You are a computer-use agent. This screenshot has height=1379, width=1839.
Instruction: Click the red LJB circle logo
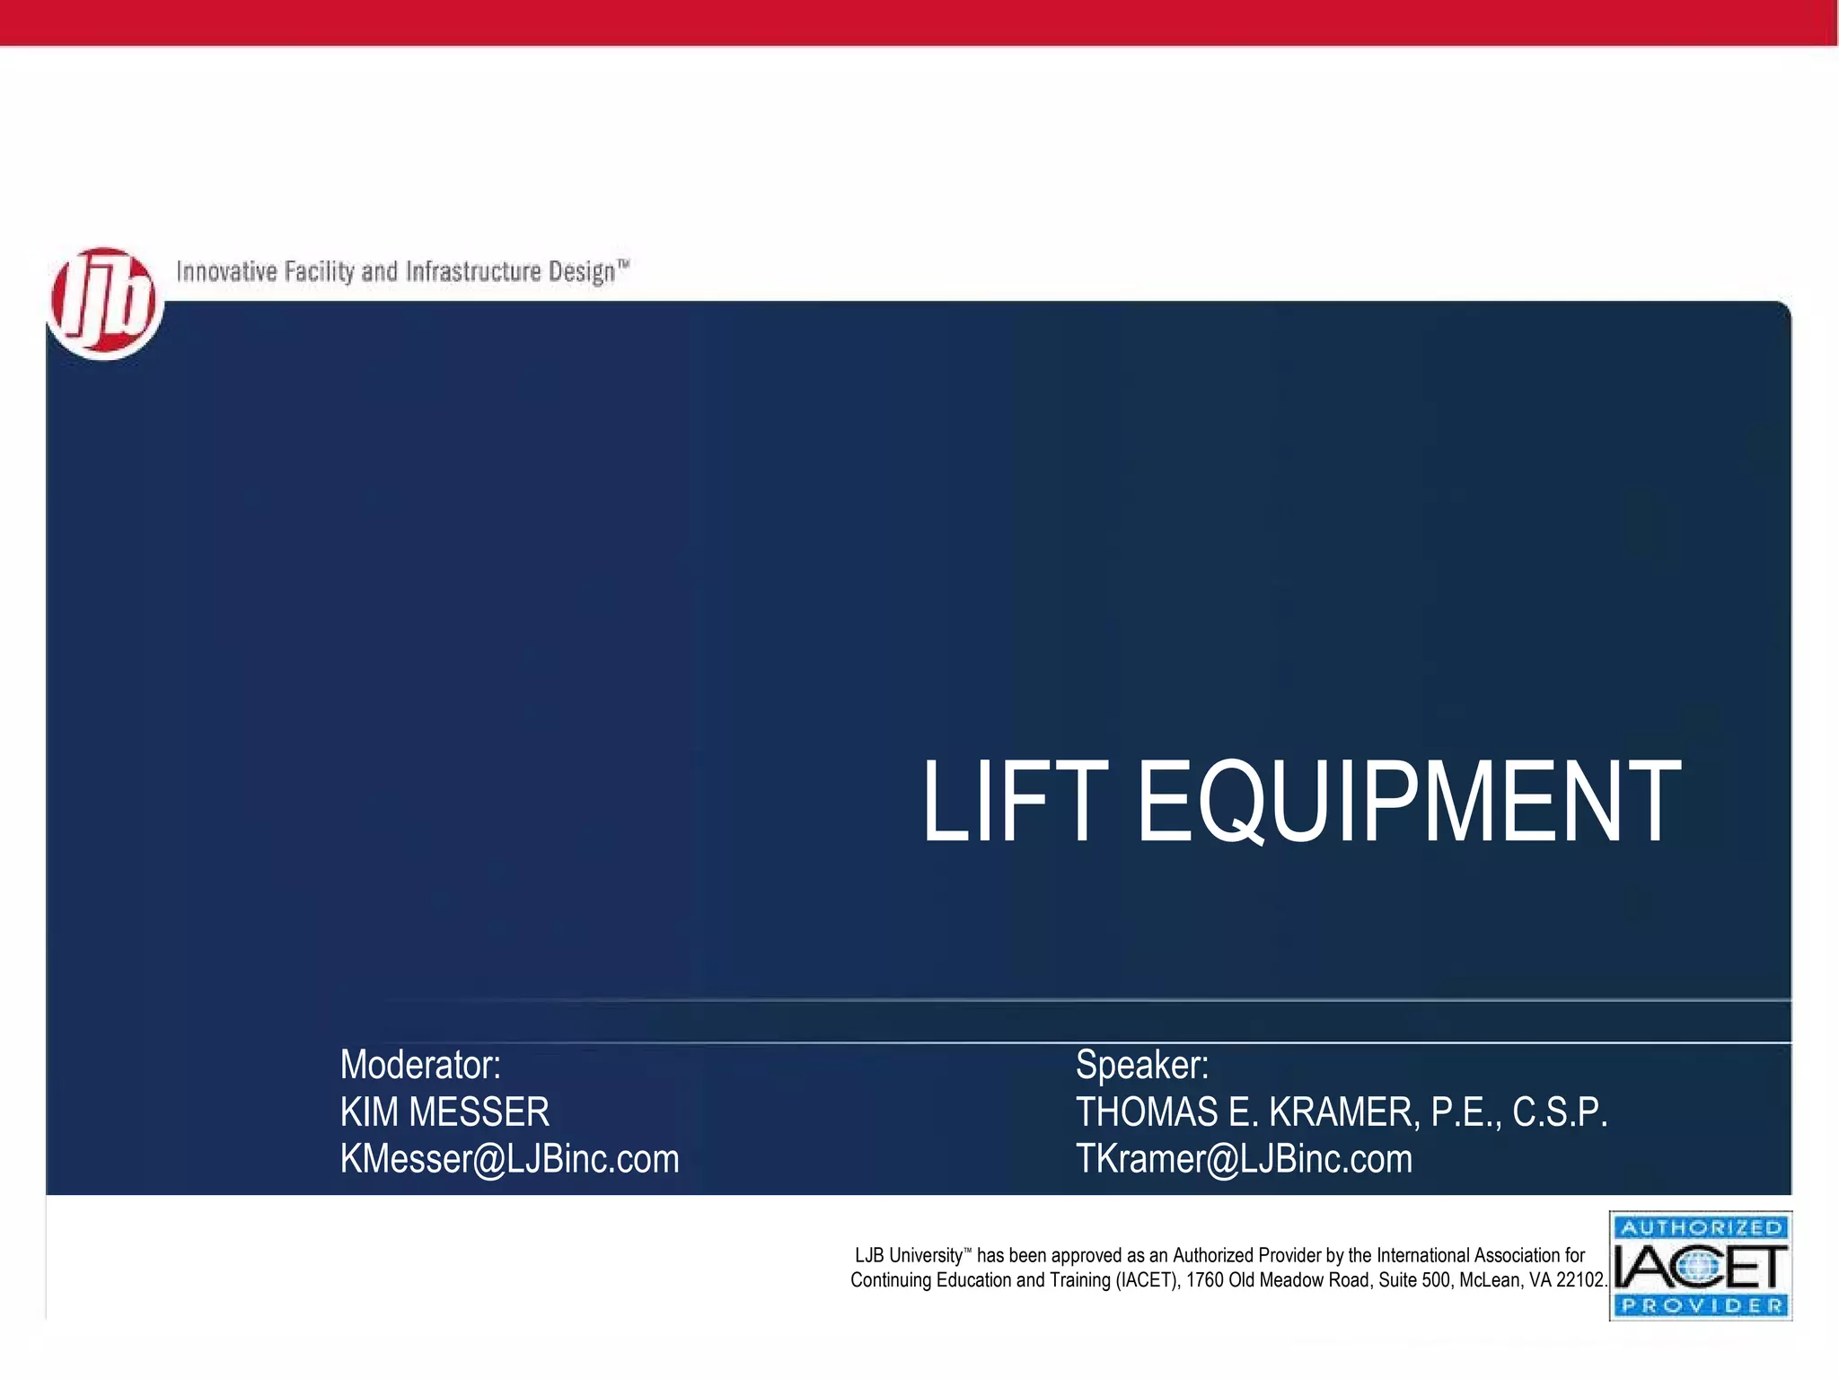point(105,303)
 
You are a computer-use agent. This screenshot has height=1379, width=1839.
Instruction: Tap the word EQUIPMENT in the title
point(1409,801)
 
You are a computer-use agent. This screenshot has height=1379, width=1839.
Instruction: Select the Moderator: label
point(420,1066)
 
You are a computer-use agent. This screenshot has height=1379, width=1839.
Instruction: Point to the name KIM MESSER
point(444,1112)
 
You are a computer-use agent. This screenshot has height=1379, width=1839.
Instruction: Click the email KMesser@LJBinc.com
point(509,1159)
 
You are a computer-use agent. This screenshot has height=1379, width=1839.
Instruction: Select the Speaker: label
point(1142,1066)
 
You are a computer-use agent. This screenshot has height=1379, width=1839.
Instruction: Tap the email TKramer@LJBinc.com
point(1244,1159)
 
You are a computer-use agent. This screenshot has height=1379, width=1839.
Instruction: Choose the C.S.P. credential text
point(1560,1112)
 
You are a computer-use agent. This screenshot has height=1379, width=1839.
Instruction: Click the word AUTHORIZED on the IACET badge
point(1701,1227)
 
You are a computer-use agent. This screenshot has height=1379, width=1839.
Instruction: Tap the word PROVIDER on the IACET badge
point(1701,1305)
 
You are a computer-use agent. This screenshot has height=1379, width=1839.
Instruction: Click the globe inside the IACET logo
point(1695,1268)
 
